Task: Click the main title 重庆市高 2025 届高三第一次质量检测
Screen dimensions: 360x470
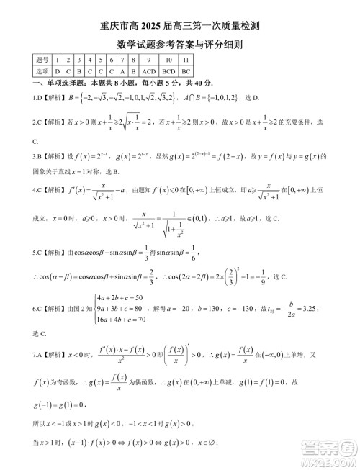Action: [180, 26]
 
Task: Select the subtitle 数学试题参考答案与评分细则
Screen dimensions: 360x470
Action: [180, 45]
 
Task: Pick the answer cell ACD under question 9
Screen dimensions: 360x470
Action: [148, 72]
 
